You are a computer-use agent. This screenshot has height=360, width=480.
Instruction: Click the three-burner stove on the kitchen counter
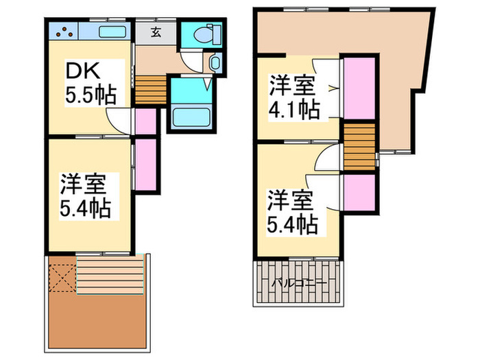pos(62,31)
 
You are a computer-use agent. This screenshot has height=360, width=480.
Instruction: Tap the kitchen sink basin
pos(111,32)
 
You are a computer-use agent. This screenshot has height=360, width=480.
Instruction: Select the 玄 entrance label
pos(156,32)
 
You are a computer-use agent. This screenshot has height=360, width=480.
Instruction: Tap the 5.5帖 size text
pos(89,94)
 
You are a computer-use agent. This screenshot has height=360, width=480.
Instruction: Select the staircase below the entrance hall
pos(150,89)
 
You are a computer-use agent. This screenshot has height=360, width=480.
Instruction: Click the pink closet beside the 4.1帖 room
pos(359,88)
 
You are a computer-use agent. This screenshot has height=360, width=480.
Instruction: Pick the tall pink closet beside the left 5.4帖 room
pos(146,164)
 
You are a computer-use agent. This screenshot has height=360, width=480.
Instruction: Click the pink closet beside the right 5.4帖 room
pos(359,193)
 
